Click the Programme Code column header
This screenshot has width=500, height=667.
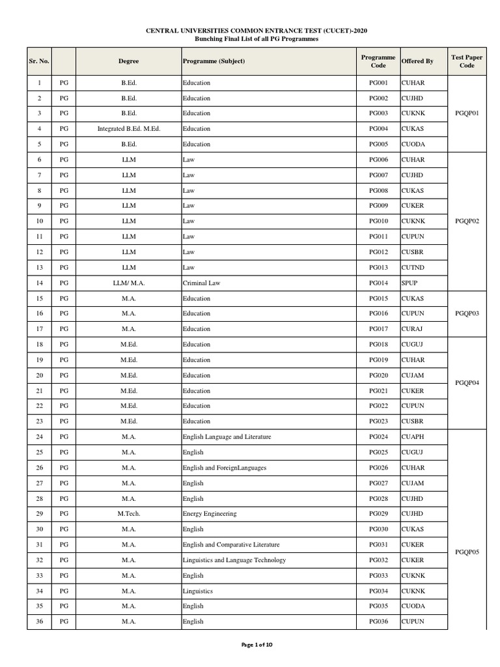tap(378, 61)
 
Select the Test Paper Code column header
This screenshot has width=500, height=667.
tap(467, 61)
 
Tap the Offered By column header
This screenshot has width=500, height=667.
tap(417, 61)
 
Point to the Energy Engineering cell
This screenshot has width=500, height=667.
tap(210, 514)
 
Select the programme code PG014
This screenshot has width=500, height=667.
tap(378, 283)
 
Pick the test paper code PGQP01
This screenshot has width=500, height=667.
tap(467, 113)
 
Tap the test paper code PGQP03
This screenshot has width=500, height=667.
tap(467, 313)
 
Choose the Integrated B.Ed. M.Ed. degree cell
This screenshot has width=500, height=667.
tap(128, 129)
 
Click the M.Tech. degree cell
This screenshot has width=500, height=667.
tap(128, 514)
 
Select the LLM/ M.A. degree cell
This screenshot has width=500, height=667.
tap(128, 283)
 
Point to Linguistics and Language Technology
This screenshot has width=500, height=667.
tap(234, 560)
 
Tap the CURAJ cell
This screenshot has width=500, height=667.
tap(413, 329)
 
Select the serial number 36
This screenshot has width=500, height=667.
tap(39, 621)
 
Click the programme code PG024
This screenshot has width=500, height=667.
tap(378, 436)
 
